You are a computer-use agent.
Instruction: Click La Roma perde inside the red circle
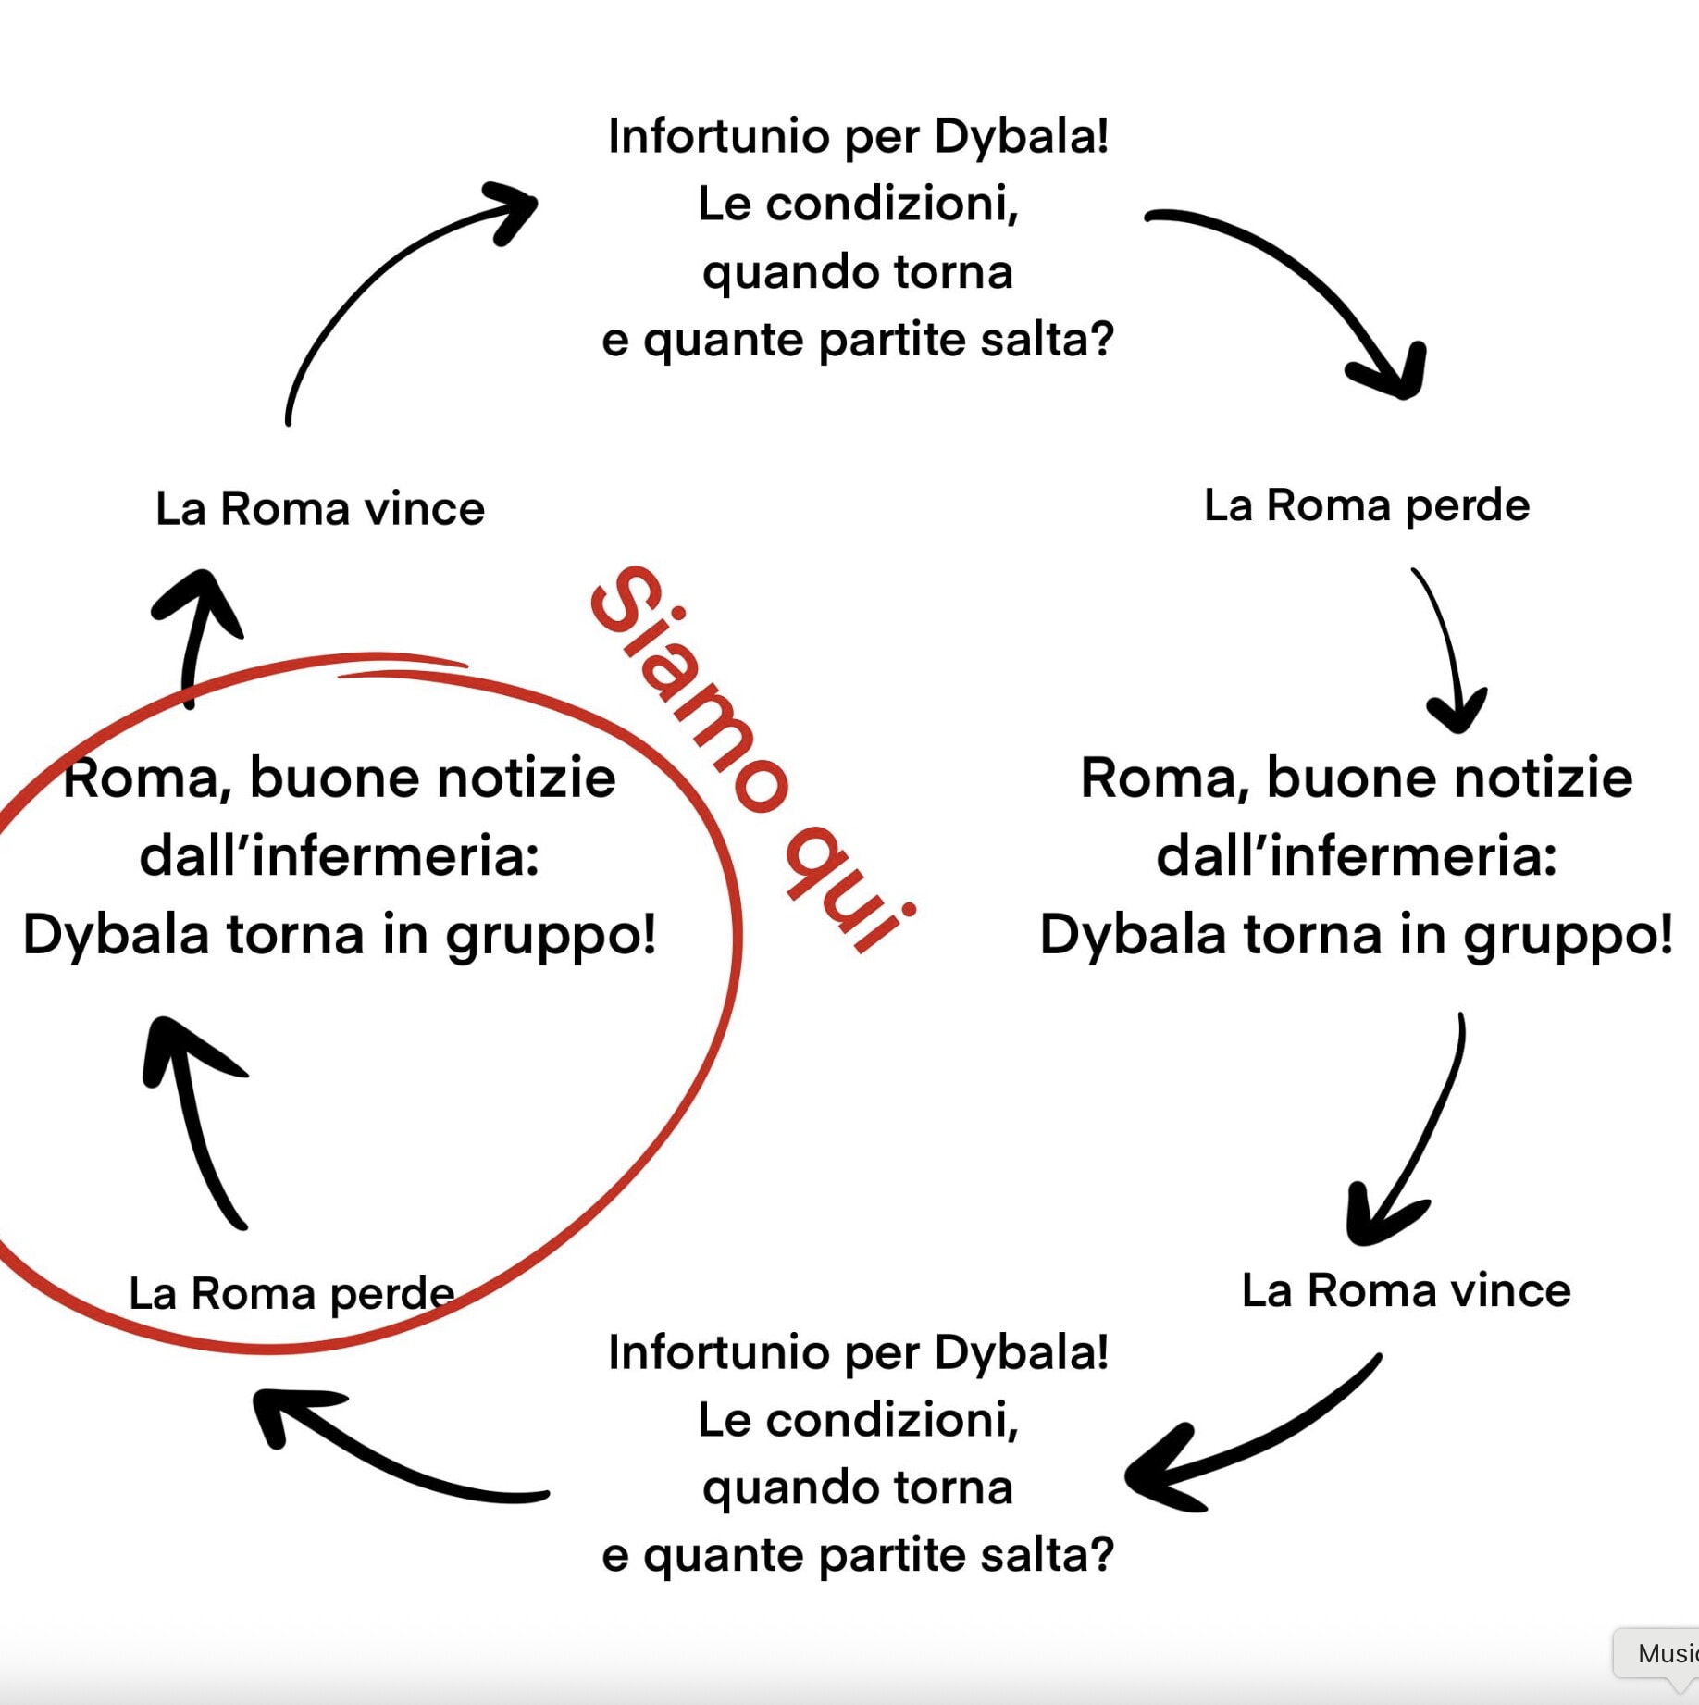tap(291, 1293)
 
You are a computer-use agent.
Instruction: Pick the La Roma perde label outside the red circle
tap(1367, 505)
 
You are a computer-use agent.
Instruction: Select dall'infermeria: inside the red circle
tap(340, 856)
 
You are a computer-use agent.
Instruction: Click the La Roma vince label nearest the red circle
tap(319, 509)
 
